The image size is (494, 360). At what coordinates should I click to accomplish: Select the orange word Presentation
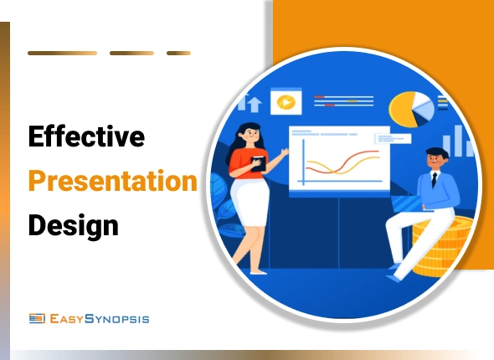[112, 180]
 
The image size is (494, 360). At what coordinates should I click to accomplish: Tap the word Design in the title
[73, 224]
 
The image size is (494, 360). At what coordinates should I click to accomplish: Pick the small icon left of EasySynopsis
[36, 318]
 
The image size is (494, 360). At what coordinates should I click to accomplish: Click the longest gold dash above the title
[62, 53]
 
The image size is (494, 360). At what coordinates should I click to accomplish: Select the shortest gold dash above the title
[178, 53]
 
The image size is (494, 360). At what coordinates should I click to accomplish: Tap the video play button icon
[286, 101]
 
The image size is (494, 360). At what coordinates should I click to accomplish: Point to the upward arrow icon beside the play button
[252, 104]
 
